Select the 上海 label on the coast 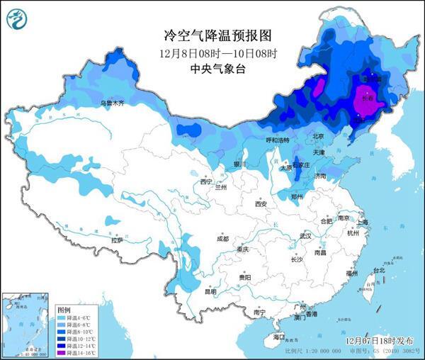(x=363, y=222)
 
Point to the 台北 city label (x=379, y=270)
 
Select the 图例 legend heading (x=64, y=310)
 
